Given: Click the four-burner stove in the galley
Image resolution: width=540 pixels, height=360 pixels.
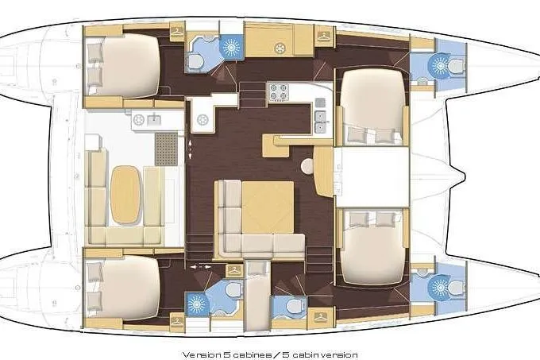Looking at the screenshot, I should [x=280, y=93].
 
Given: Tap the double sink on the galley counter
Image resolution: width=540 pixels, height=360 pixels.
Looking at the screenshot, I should [x=319, y=120].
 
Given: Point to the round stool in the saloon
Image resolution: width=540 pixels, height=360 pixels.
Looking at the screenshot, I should [x=307, y=167].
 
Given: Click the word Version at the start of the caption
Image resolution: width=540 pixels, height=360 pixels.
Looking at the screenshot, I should [x=200, y=354].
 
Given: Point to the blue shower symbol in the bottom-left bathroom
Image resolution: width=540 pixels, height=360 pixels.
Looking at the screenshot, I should [x=195, y=302].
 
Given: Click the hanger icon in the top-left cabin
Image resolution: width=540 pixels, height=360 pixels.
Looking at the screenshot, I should [x=176, y=33].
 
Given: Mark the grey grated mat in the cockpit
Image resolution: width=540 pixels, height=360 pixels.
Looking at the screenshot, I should [x=165, y=149].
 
